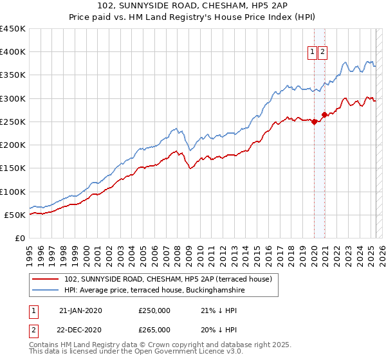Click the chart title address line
[192, 7]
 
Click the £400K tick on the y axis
[12, 52]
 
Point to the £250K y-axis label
[12, 122]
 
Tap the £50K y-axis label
[15, 215]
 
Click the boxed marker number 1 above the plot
[312, 53]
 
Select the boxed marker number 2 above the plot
[322, 53]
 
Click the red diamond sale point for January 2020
[314, 122]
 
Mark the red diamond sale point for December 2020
[325, 115]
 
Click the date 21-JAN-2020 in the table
[80, 310]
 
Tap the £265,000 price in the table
[154, 330]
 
